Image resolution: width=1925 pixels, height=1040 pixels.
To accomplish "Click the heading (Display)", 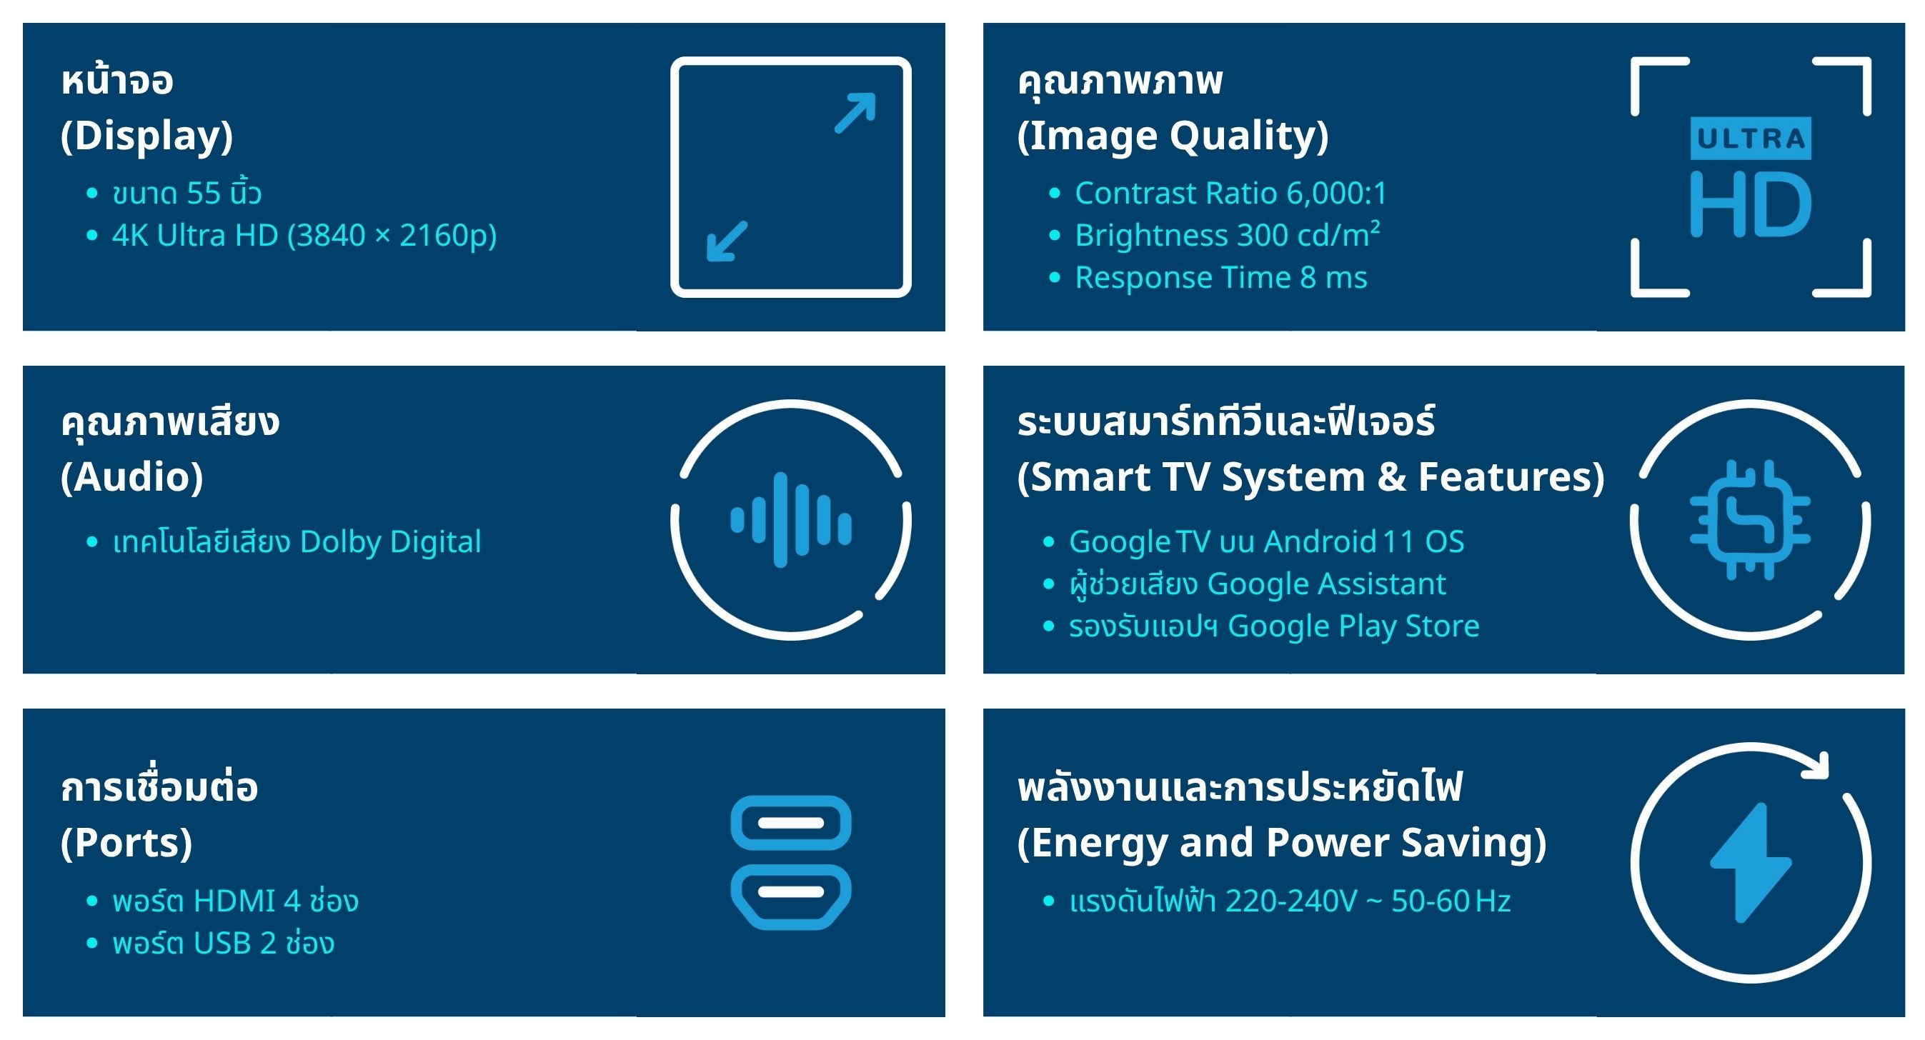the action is (146, 136).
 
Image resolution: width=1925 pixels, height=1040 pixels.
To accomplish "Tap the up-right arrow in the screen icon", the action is (855, 113).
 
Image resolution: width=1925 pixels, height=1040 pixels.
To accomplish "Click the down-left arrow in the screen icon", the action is (727, 241).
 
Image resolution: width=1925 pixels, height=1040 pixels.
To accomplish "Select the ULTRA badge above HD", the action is (1750, 139).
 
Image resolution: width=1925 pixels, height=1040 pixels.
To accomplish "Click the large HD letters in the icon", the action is (1750, 204).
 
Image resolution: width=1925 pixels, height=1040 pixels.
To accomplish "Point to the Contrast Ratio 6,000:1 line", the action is (1230, 194).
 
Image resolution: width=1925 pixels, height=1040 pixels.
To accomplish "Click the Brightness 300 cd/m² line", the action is (1227, 235).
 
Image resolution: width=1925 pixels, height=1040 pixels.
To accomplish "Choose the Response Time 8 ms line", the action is (1221, 278).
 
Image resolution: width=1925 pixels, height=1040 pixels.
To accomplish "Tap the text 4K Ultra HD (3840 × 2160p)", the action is (304, 235).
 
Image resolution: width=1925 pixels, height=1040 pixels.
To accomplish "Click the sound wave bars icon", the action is (790, 520).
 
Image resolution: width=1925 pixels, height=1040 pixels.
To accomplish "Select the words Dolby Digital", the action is (390, 542).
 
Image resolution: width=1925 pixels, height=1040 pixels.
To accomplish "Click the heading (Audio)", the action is (131, 477).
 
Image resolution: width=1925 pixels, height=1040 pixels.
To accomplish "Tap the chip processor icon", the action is (1750, 520).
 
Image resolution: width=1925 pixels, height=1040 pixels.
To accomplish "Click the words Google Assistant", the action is (1326, 584).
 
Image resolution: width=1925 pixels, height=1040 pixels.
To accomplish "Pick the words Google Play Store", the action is (1353, 626).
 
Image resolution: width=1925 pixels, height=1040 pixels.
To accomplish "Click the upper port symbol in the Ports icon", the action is (790, 824).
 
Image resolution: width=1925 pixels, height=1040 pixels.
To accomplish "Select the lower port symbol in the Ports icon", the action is (790, 896).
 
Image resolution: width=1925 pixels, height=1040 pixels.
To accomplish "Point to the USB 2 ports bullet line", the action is (224, 943).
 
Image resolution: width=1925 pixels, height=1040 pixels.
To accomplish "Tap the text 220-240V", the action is (1290, 901).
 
